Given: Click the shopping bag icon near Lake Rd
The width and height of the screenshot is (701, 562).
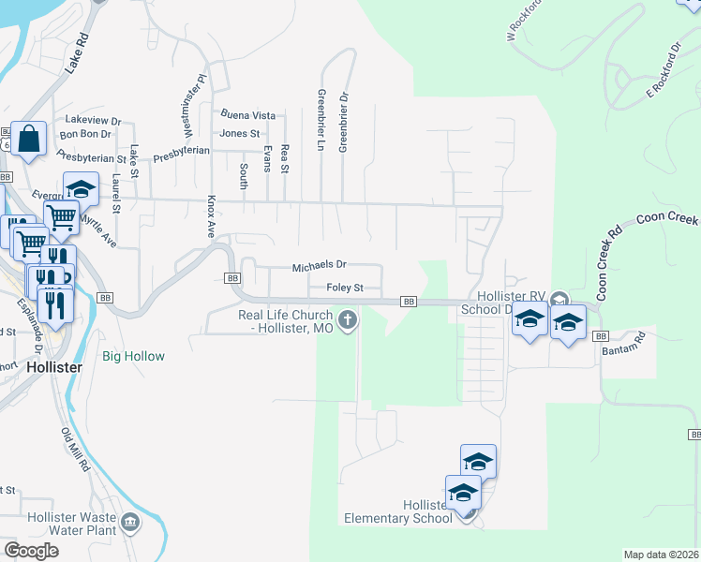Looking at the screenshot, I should point(29,140).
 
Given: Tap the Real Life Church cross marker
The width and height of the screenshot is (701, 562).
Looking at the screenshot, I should point(348,321).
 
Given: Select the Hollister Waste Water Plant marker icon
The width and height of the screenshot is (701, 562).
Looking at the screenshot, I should point(129,521).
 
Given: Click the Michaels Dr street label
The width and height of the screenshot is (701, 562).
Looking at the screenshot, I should point(319,267).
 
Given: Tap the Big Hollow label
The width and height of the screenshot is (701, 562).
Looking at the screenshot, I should point(133,357).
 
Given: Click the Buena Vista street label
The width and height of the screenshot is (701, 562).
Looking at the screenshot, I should point(247,115).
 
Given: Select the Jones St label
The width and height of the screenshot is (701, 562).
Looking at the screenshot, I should point(239,134).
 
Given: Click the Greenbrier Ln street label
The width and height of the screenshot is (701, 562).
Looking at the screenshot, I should point(321,121).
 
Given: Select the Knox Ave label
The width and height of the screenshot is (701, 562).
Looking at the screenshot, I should point(212,217).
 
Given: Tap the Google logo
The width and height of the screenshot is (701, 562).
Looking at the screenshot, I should point(31,550).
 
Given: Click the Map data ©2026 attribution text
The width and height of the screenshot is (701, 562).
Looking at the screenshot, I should point(660,555).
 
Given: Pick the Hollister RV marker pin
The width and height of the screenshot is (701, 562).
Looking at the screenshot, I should point(559,299).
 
